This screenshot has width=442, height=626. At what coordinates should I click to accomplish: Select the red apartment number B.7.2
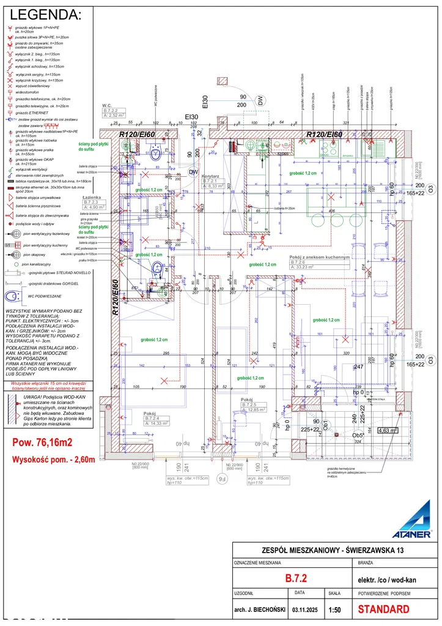295,578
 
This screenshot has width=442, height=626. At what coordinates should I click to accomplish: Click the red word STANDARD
383,609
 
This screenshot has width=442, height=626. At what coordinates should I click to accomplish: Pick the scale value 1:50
335,609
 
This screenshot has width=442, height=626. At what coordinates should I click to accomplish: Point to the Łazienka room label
92,198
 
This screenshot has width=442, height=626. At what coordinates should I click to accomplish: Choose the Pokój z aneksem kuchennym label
320,258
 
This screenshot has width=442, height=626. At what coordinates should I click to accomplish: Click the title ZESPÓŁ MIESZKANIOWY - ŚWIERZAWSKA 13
333,550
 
